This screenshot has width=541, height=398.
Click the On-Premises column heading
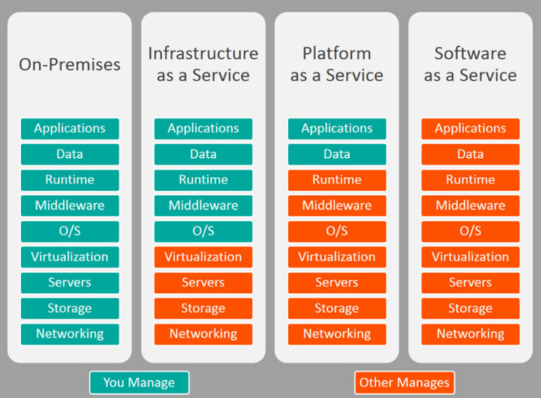[x=70, y=64]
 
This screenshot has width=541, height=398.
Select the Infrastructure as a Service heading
[x=203, y=64]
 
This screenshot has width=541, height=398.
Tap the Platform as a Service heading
[x=337, y=64]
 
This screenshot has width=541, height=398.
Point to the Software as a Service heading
[x=470, y=64]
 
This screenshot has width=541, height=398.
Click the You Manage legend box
[x=139, y=383]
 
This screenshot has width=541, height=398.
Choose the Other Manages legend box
[x=404, y=383]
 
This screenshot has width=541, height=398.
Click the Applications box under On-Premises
[x=70, y=129]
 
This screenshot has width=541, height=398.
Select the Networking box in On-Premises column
[x=70, y=334]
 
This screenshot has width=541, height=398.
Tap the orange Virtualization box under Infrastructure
[x=203, y=257]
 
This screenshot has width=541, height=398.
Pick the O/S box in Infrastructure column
[x=203, y=231]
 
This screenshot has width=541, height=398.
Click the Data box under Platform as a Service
[x=337, y=154]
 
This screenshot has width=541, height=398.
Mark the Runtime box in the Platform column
[x=337, y=180]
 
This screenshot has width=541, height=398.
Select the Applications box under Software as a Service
[x=470, y=129]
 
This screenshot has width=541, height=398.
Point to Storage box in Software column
[x=470, y=308]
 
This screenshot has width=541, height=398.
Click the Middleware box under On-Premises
[x=70, y=205]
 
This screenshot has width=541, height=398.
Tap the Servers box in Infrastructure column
[x=203, y=283]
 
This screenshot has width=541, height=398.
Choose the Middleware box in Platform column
[x=337, y=205]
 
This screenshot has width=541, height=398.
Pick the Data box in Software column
[x=470, y=154]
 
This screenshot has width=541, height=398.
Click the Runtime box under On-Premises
[x=70, y=180]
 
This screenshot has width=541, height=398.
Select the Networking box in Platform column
[x=337, y=334]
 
